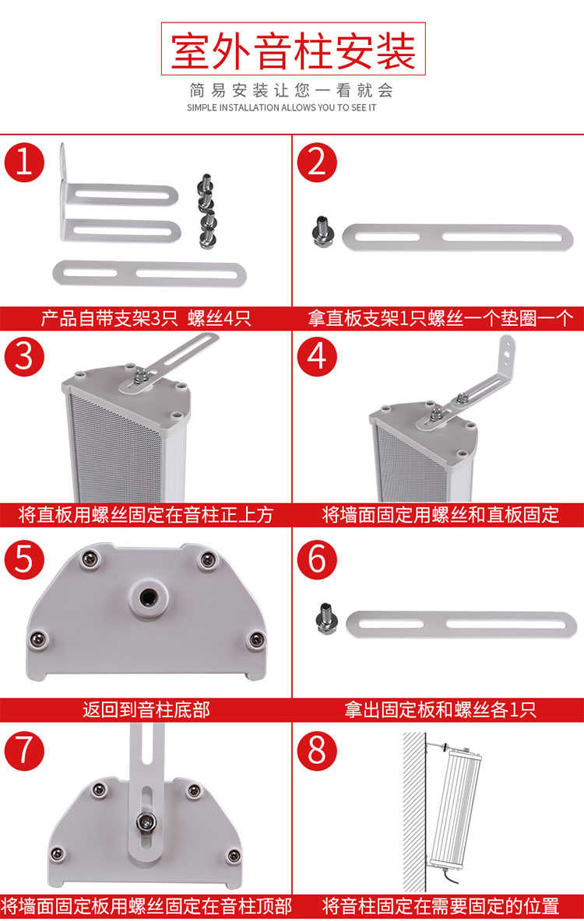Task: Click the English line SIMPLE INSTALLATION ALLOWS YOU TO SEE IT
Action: [x=281, y=107]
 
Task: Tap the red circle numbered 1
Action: [x=24, y=162]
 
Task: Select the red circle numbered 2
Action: [x=317, y=162]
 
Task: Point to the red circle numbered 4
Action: [x=317, y=356]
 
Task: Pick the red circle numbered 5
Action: [x=24, y=559]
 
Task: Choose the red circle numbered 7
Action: [x=24, y=750]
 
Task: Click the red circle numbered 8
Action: [x=317, y=750]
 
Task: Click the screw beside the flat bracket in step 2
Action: [x=322, y=232]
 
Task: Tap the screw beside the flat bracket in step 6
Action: [x=326, y=618]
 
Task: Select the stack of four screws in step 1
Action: [x=206, y=211]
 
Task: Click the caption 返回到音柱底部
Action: [x=146, y=709]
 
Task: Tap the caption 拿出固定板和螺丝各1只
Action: [x=439, y=709]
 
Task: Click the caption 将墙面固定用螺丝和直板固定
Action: [x=440, y=514]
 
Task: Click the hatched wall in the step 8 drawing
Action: [x=414, y=811]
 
